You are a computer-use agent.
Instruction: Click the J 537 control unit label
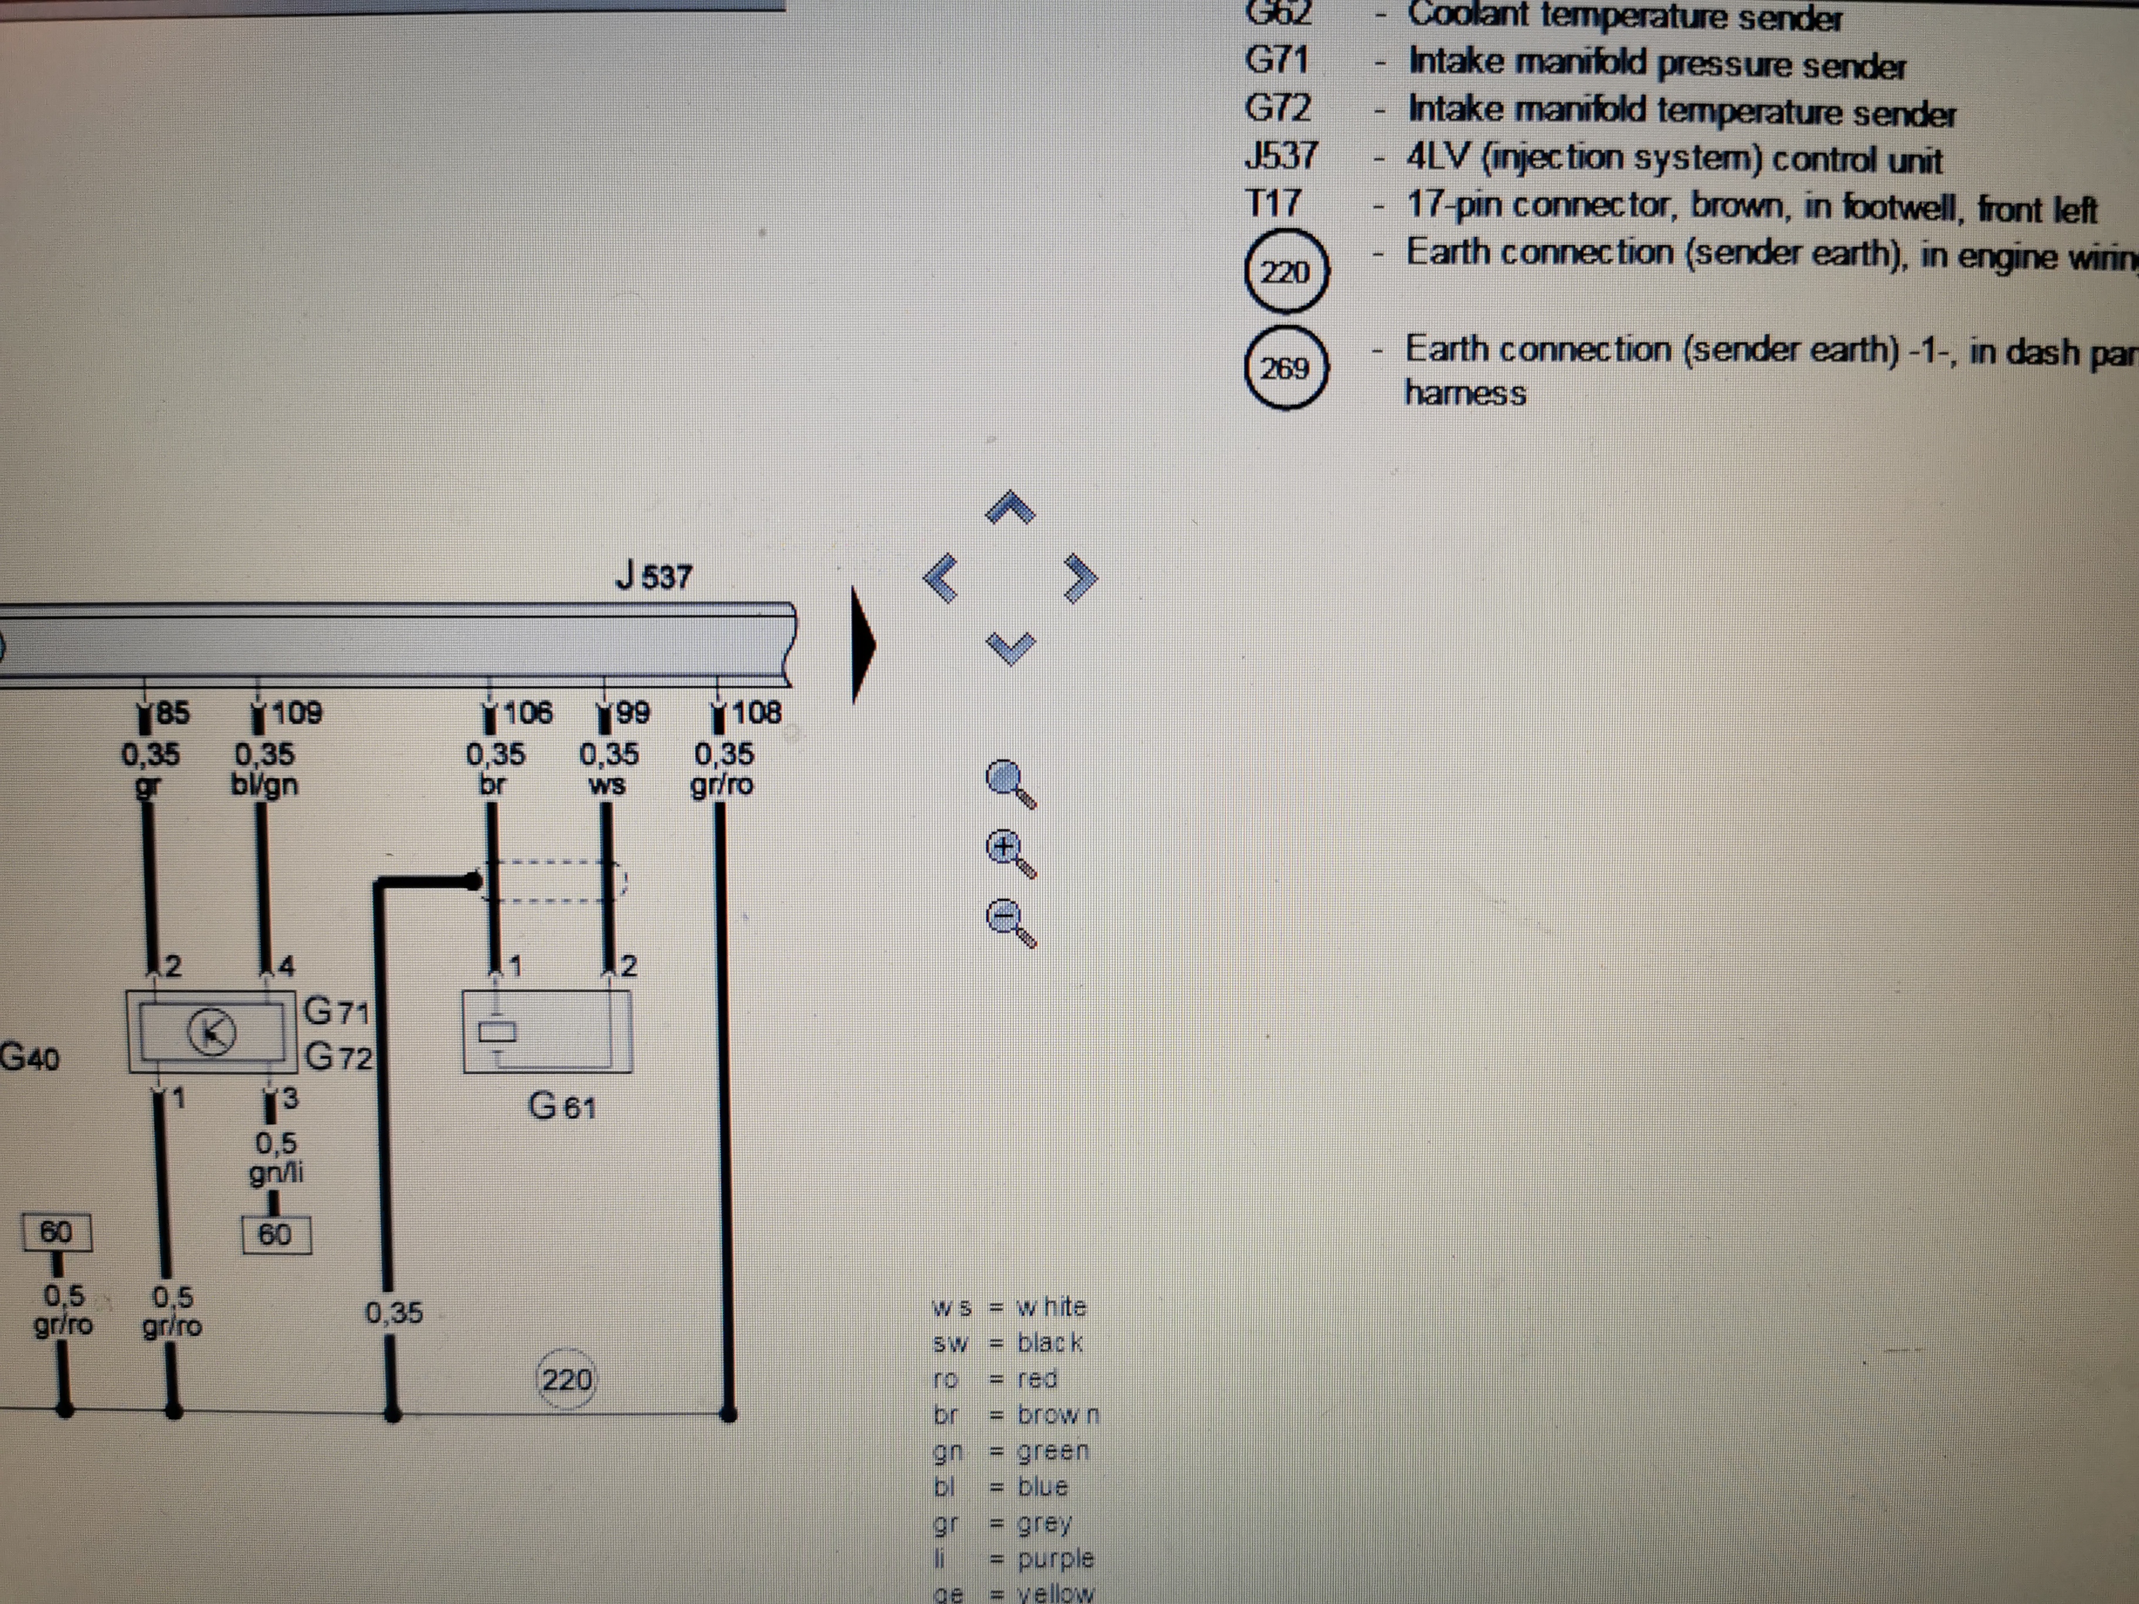click(x=654, y=577)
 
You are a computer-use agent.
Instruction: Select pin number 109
click(x=296, y=713)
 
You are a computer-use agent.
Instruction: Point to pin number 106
click(x=528, y=713)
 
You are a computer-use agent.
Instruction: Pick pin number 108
click(x=756, y=713)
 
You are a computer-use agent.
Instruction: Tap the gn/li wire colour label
click(x=276, y=1173)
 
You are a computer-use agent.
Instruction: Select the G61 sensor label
click(x=562, y=1105)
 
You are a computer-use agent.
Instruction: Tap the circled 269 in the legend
click(x=1284, y=368)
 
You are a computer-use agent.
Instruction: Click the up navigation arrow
click(x=1010, y=508)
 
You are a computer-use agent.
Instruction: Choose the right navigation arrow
click(x=1080, y=577)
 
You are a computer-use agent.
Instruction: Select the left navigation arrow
click(x=941, y=578)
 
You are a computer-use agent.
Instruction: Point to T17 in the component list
click(x=1274, y=204)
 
